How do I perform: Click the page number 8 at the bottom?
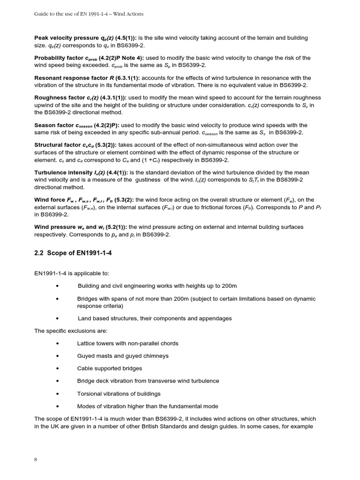pos(36,459)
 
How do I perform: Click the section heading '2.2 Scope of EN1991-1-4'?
pos(73,253)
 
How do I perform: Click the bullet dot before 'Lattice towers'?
pos(57,344)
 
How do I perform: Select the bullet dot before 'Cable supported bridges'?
pos(57,368)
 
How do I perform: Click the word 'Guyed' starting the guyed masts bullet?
pos(86,356)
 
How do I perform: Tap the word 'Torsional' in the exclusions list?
pos(90,393)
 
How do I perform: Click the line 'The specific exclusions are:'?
pos(70,331)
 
